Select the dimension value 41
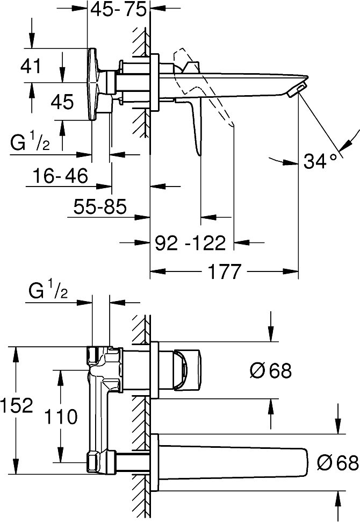(31, 66)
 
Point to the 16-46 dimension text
(60, 175)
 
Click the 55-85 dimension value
(100, 206)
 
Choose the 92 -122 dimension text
(191, 243)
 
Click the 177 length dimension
(224, 271)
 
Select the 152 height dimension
(17, 405)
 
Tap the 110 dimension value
(61, 417)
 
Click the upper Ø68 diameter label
(270, 370)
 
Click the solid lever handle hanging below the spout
(194, 124)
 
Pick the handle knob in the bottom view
(188, 369)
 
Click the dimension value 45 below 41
(62, 102)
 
